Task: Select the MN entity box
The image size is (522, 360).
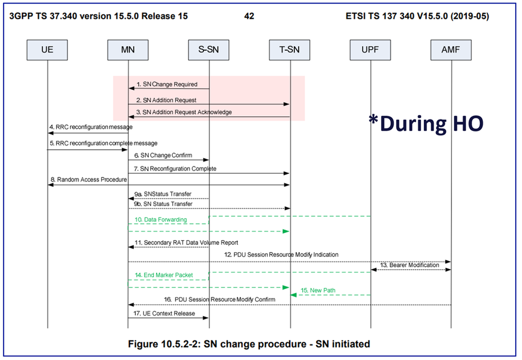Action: point(128,51)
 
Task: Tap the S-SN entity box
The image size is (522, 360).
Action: point(209,51)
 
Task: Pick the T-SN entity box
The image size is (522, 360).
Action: point(290,51)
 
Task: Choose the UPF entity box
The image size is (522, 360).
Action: point(370,51)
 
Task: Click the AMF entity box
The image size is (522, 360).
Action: point(452,51)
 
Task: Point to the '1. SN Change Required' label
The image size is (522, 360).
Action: point(167,84)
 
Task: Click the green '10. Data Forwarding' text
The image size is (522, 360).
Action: point(160,220)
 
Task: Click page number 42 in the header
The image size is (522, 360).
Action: point(249,16)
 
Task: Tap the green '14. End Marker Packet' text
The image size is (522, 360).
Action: point(164,275)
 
